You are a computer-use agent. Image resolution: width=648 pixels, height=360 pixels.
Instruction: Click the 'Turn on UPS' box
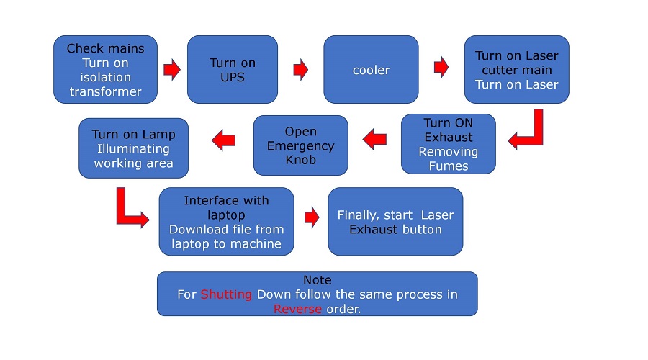[232, 70]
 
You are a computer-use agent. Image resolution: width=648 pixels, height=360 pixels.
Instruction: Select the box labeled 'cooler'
[371, 70]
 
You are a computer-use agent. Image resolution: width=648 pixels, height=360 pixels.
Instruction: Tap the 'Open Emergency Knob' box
[300, 145]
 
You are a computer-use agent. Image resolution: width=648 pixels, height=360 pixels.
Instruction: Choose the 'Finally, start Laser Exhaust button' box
[395, 222]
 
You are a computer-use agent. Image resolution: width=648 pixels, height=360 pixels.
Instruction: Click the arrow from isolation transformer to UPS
[172, 70]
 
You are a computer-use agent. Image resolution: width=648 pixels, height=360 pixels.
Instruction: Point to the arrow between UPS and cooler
[300, 70]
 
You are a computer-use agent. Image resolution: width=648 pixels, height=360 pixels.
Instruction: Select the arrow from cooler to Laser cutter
[441, 68]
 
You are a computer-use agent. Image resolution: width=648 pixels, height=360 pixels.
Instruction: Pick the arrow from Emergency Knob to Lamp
[223, 140]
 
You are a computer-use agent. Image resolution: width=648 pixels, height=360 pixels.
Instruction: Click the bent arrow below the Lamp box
[130, 209]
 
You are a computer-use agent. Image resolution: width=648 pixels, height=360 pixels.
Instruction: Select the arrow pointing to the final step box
[312, 216]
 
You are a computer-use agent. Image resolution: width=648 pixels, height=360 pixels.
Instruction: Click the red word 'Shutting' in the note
[227, 294]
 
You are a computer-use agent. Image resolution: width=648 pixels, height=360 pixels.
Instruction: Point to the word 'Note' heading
[317, 280]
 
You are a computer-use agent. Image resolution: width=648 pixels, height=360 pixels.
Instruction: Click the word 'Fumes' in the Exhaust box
[448, 166]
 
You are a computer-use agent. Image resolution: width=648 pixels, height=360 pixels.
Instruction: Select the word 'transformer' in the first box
[105, 91]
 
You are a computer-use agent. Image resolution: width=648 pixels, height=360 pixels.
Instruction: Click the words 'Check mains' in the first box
[105, 48]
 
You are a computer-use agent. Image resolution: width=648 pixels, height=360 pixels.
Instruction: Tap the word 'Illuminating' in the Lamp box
[133, 149]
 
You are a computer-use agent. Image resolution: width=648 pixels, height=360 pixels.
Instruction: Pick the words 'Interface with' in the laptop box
[226, 200]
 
